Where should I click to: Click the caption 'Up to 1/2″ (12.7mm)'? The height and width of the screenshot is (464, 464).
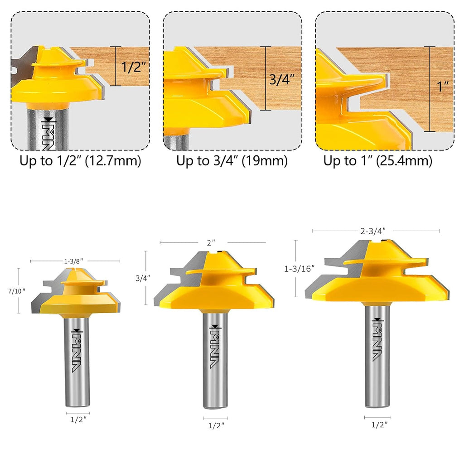80,160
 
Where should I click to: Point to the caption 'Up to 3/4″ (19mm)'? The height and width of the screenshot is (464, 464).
232,160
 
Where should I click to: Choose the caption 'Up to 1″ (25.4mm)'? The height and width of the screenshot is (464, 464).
377,160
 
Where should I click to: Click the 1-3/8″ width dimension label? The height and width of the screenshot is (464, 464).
75,261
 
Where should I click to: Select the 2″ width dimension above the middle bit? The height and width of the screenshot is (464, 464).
210,243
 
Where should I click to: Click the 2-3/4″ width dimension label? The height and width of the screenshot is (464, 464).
375,231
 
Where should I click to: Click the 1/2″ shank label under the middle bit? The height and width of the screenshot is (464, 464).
215,425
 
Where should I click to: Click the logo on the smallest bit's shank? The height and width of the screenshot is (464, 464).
76,349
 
